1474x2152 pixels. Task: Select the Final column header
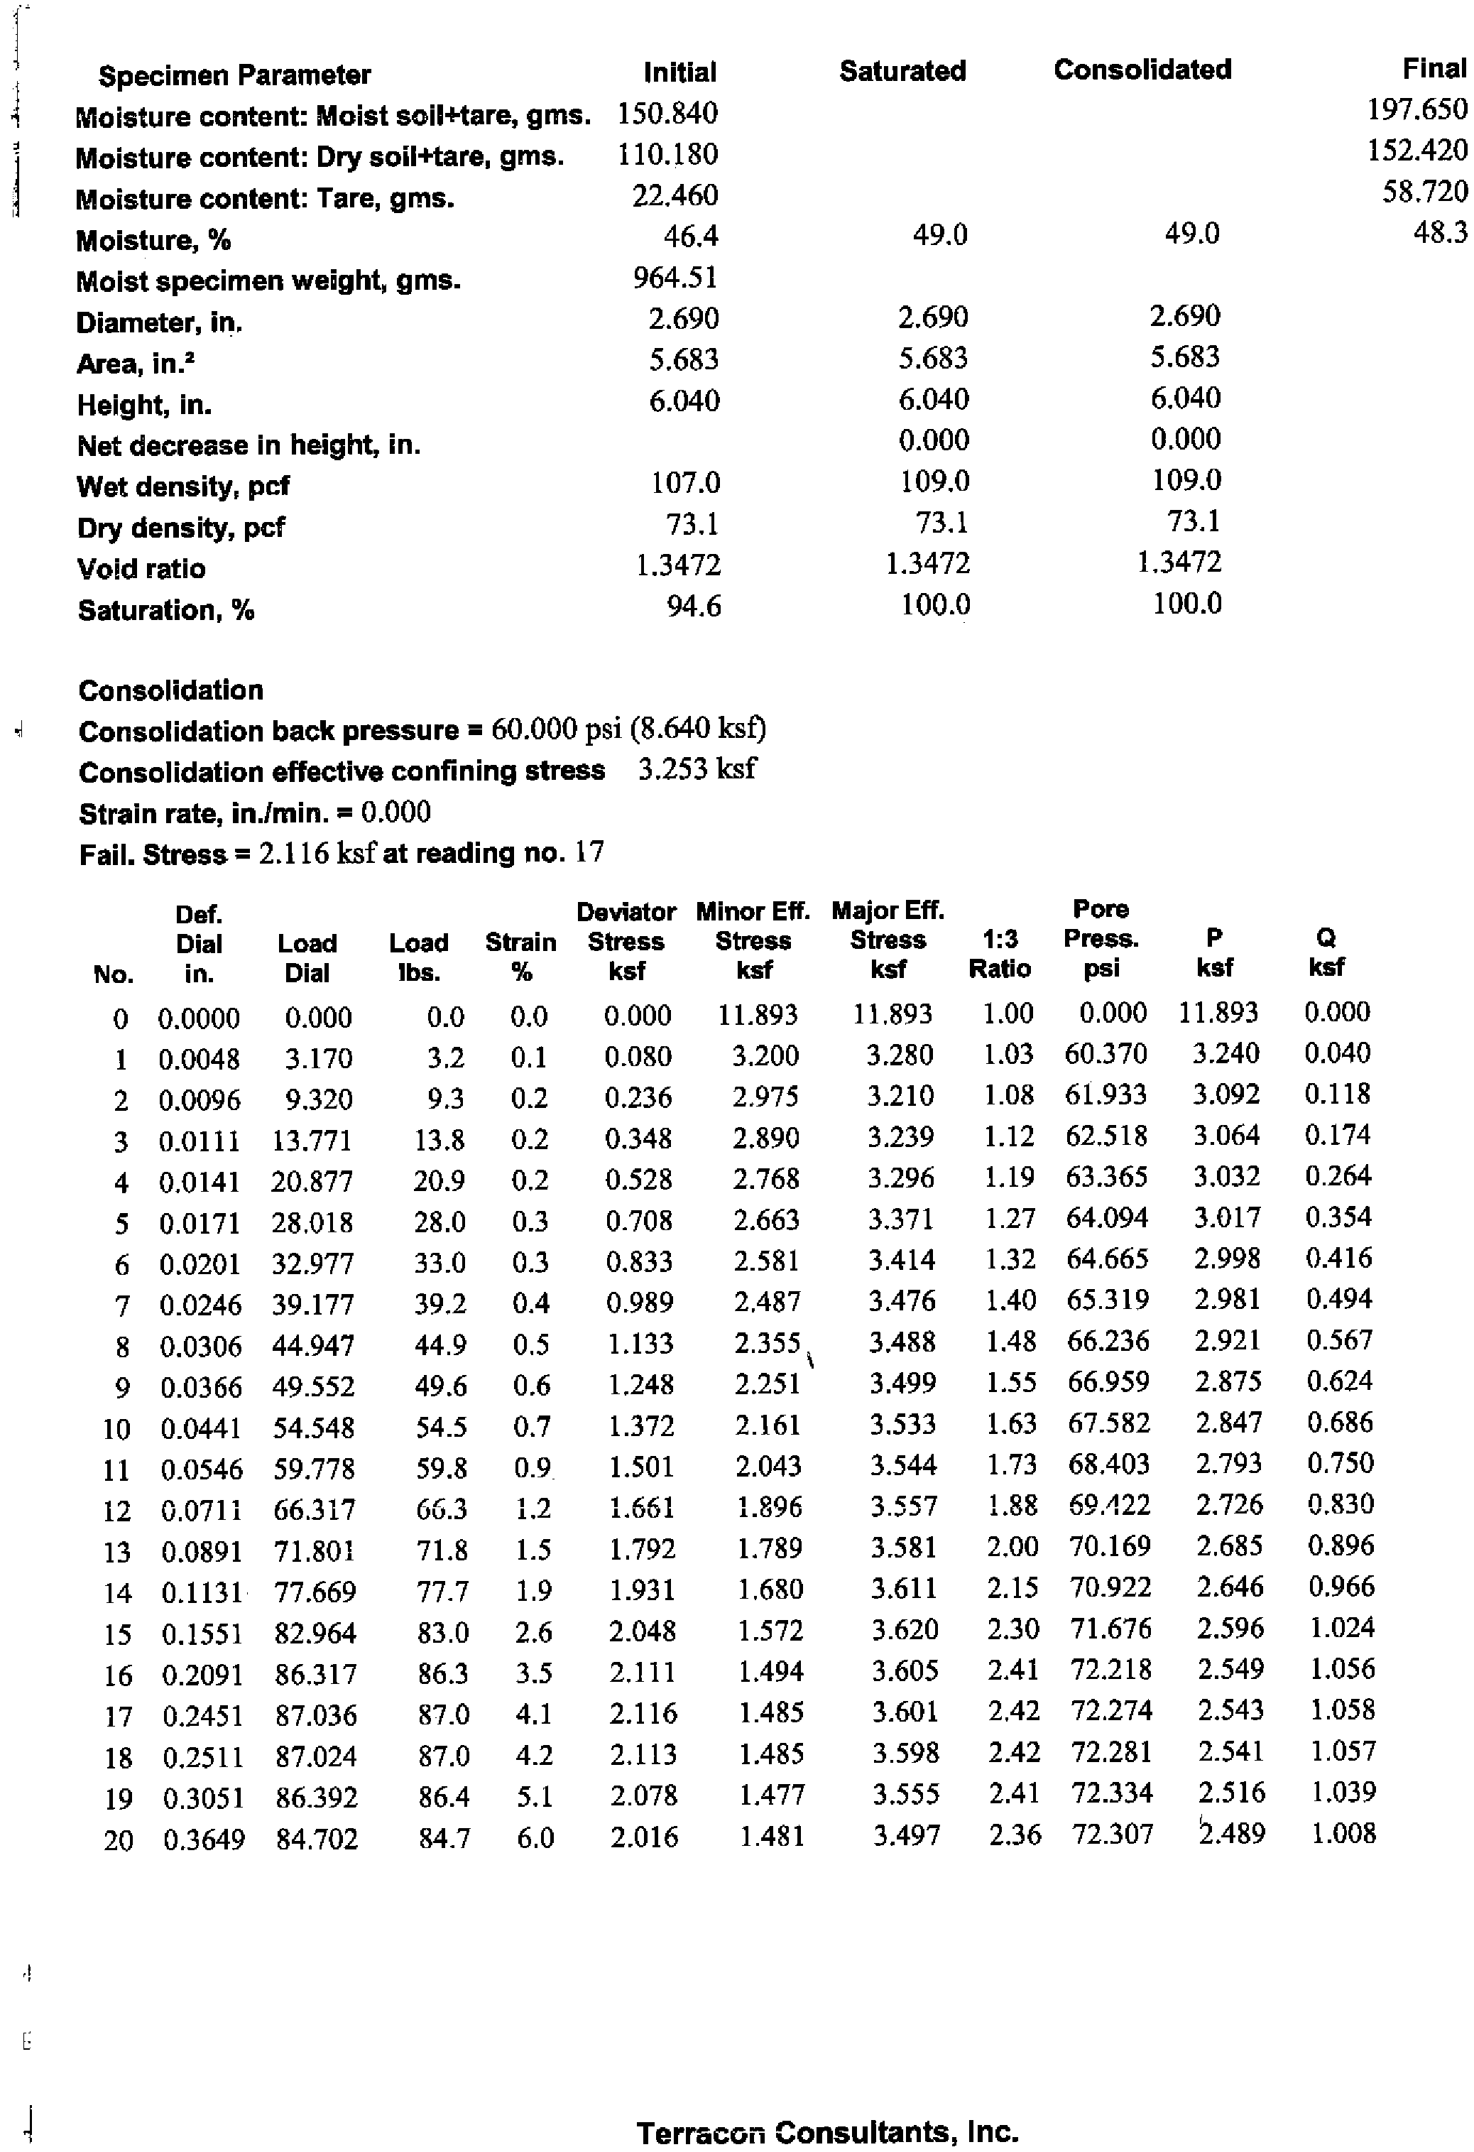1434,68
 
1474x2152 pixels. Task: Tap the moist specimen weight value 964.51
675,277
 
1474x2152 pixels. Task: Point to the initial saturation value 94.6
694,606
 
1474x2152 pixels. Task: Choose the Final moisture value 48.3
1440,232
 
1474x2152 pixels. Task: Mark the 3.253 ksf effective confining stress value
697,768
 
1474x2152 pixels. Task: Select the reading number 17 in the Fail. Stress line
589,852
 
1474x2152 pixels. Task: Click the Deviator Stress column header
626,941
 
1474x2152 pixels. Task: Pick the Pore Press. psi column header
1101,938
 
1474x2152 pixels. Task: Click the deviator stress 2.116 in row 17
643,1713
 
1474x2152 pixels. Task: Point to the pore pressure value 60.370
1105,1054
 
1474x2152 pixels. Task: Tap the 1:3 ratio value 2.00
1012,1546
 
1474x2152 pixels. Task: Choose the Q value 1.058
1343,1710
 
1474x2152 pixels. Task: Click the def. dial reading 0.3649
204,1839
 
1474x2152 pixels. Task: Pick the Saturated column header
902,71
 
